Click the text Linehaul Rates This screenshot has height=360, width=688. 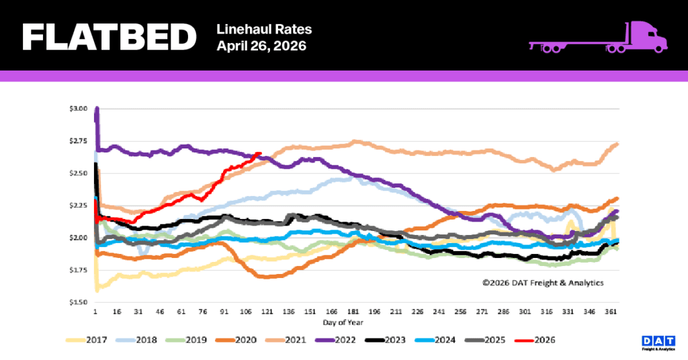click(x=265, y=30)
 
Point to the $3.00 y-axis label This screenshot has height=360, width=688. click(x=79, y=109)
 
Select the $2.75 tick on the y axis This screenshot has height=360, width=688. click(x=79, y=141)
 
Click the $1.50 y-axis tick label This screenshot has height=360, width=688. click(x=79, y=302)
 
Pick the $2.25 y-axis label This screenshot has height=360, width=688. click(x=79, y=206)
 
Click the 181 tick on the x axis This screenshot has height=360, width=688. click(x=353, y=312)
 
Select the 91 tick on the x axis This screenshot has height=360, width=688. click(x=226, y=312)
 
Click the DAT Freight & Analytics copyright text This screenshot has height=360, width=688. click(x=542, y=283)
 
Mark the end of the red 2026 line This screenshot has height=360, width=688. click(x=260, y=154)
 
